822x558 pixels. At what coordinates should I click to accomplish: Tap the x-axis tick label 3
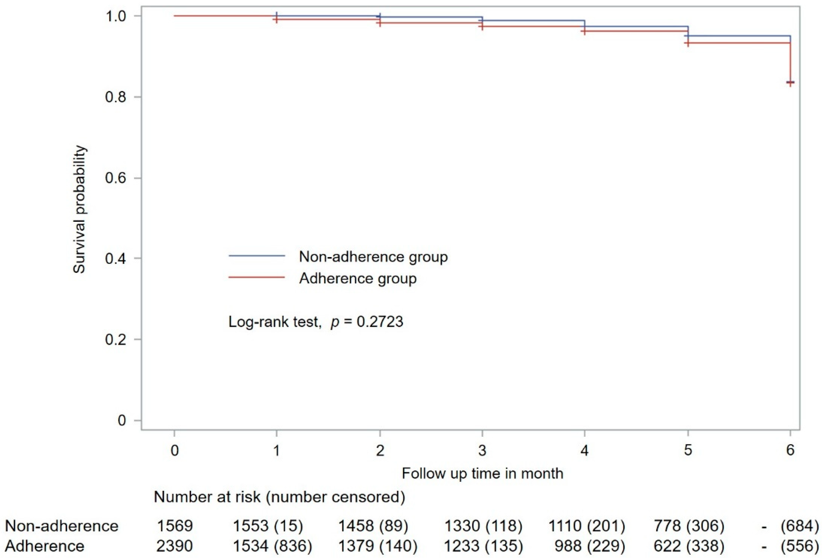(482, 450)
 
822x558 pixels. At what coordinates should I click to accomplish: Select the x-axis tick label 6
(790, 450)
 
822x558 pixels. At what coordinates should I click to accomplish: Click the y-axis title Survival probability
(80, 209)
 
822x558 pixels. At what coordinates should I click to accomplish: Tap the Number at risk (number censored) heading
(280, 497)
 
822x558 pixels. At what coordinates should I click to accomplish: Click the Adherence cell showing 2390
(175, 546)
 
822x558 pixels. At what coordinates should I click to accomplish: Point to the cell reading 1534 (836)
(272, 546)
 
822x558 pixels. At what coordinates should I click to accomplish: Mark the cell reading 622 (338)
(689, 546)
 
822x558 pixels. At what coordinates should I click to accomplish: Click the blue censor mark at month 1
(276, 15)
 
